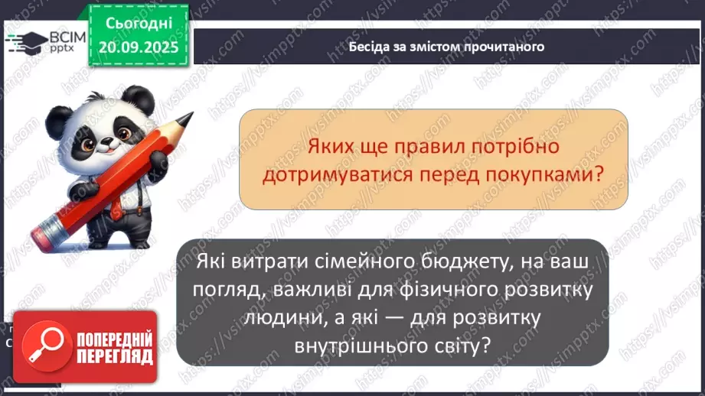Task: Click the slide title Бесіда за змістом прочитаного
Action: pos(446,47)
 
